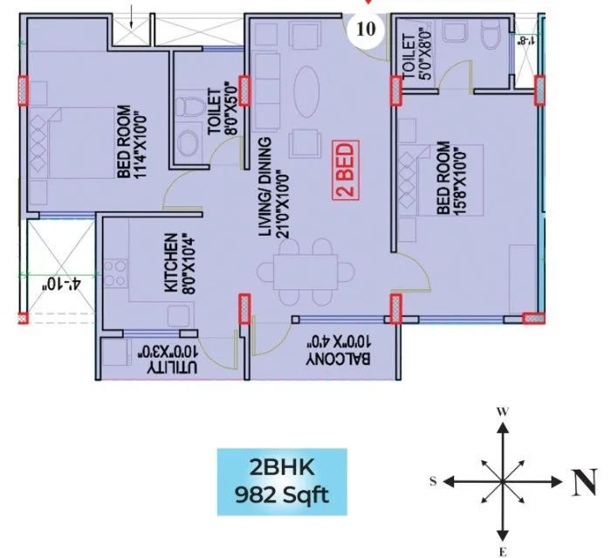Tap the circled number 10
367,28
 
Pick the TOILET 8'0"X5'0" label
222,107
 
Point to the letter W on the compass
502,410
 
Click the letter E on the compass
502,550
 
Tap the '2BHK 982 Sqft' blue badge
282,482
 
